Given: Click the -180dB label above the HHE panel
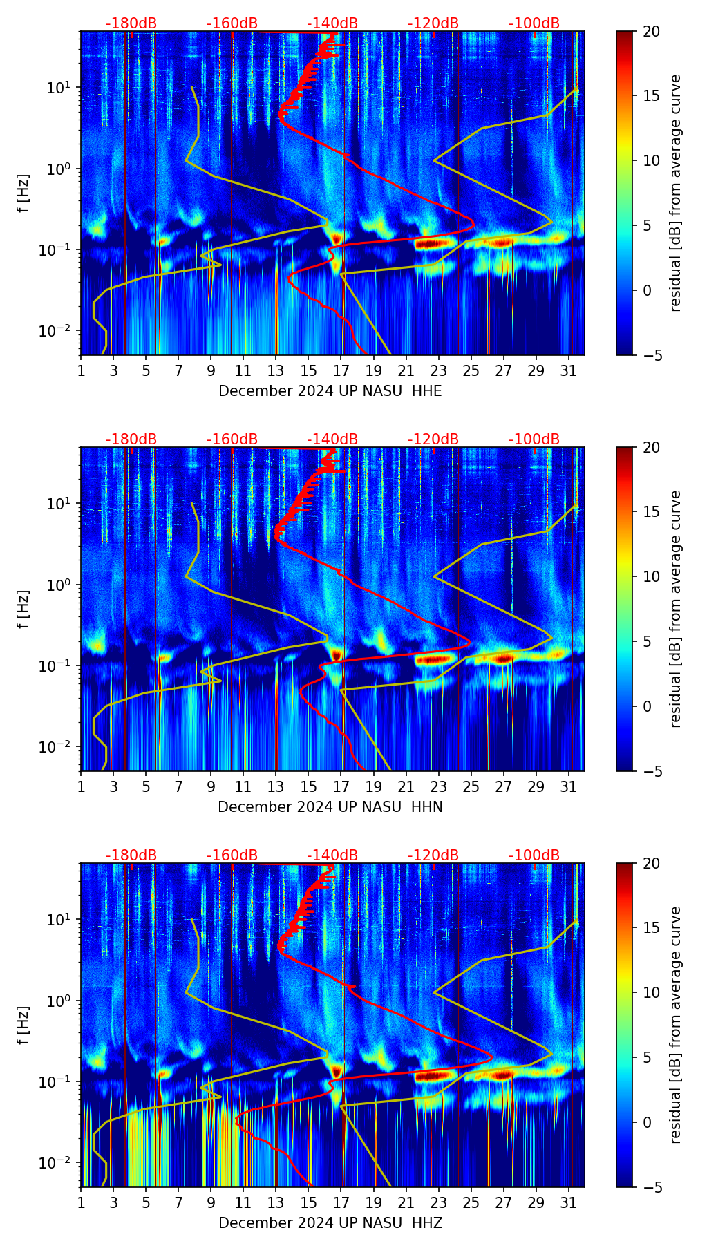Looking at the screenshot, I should pyautogui.click(x=131, y=24).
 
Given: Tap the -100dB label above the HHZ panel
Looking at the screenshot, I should pyautogui.click(x=534, y=856).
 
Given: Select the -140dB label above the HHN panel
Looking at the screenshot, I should pyautogui.click(x=332, y=440).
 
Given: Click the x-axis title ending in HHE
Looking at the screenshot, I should pyautogui.click(x=330, y=391).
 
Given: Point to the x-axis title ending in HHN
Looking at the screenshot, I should pyautogui.click(x=330, y=807).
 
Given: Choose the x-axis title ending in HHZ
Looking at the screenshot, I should pyautogui.click(x=330, y=1223).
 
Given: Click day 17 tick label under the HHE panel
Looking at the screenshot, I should pyautogui.click(x=341, y=371).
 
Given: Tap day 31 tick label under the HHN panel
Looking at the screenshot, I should pyautogui.click(x=569, y=787).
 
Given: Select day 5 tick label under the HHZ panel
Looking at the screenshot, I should pyautogui.click(x=146, y=1203).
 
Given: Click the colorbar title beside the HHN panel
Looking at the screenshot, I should pyautogui.click(x=676, y=609).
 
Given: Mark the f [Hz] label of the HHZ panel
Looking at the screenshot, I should pyautogui.click(x=23, y=1025).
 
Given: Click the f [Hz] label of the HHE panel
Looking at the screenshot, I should pyautogui.click(x=23, y=193).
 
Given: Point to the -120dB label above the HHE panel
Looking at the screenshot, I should pyautogui.click(x=433, y=24).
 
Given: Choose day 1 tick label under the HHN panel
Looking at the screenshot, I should pyautogui.click(x=81, y=787).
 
